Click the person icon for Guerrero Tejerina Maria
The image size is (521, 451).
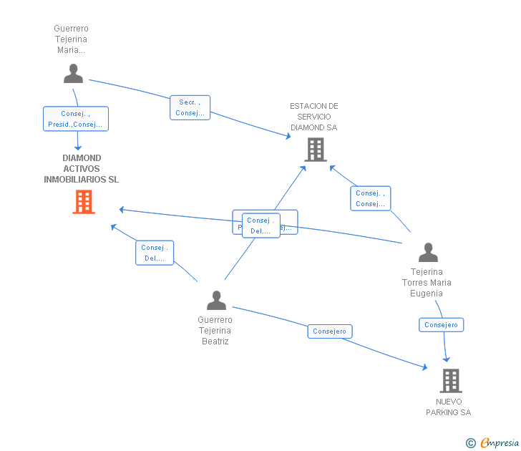point(73,73)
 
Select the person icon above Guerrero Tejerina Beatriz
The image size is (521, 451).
point(216,300)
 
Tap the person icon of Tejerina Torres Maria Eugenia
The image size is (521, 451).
point(428,253)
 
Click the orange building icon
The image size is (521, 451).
point(84,202)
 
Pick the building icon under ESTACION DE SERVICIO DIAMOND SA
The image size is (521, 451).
point(316,150)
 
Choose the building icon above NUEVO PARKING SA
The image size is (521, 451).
point(450,380)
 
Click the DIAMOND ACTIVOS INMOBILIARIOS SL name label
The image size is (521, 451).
point(81,169)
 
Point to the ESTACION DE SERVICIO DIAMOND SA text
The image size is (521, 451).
point(313,117)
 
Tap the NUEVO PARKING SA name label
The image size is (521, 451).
point(449,407)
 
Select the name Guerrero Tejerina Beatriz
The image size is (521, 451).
point(215,331)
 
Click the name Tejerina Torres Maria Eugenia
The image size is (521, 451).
point(427,283)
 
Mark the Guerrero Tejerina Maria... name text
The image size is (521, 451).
point(71,39)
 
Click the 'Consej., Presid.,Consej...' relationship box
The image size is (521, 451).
point(76,119)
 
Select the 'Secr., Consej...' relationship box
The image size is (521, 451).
point(190,107)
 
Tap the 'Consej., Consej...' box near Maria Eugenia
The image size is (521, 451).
point(371,198)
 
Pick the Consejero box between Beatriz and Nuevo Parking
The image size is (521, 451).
point(330,331)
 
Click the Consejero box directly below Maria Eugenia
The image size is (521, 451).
point(442,325)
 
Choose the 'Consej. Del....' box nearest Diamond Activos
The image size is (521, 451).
point(155,253)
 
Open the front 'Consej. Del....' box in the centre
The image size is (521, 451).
point(260,225)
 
